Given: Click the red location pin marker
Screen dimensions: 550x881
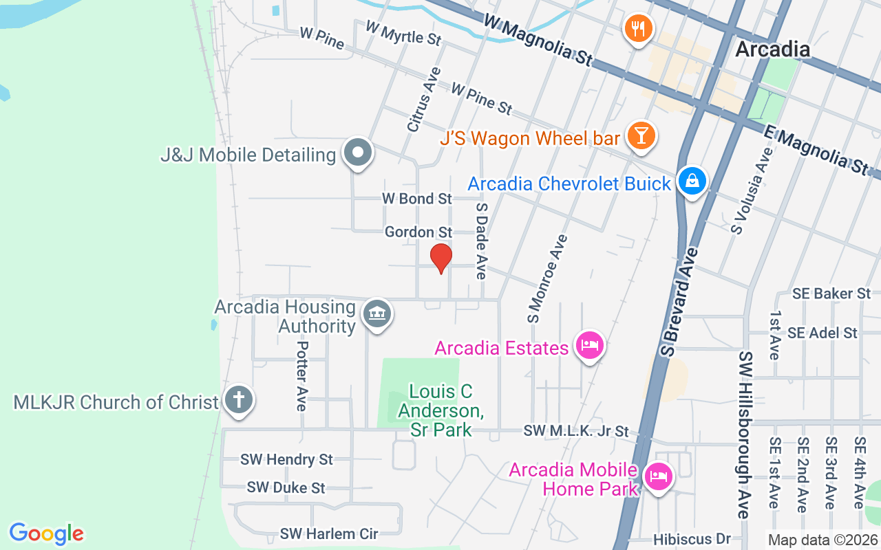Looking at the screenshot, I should [440, 258].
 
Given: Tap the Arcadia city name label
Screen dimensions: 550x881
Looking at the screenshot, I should [772, 49].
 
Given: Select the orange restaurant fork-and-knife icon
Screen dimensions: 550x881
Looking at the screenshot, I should [639, 29].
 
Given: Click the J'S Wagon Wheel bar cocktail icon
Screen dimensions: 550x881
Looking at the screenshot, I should [641, 136].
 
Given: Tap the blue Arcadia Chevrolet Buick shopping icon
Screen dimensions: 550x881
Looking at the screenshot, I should [692, 181].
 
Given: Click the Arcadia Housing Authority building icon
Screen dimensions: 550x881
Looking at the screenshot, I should [376, 315].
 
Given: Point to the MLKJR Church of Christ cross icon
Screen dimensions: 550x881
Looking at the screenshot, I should [239, 400].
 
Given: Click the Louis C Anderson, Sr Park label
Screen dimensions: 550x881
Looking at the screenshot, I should [441, 410].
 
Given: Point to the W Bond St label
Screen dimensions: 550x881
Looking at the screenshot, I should [417, 199].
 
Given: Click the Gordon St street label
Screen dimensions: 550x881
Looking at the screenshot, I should [418, 232].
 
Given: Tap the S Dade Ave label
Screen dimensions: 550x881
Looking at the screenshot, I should [481, 241].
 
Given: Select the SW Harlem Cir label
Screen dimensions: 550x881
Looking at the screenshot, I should [329, 533].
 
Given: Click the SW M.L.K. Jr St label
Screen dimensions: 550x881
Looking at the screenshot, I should [576, 431].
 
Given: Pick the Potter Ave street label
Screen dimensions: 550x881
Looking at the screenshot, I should [301, 375].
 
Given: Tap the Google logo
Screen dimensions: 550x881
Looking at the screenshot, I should [47, 533].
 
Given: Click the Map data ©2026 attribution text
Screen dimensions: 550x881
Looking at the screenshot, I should [823, 540].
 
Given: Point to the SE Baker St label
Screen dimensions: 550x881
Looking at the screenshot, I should [831, 294].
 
